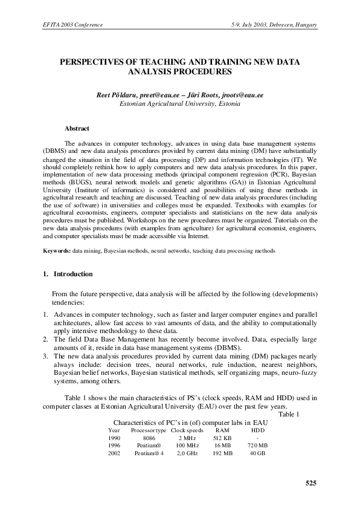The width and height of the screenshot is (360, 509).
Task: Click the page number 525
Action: click(x=309, y=482)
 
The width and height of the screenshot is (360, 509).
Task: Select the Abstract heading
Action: click(x=77, y=128)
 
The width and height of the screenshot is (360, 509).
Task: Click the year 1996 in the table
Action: click(x=114, y=444)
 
